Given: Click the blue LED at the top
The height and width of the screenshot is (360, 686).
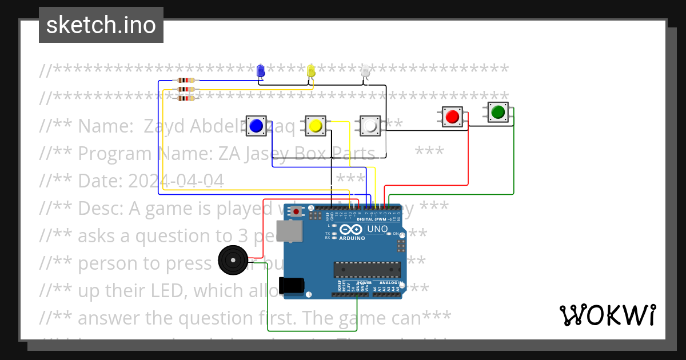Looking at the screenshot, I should [261, 70].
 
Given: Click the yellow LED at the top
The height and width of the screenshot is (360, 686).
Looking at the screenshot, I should [311, 70].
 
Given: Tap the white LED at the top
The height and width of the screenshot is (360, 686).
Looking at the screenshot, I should [366, 71].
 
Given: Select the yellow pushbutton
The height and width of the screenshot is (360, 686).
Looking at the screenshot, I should [315, 126].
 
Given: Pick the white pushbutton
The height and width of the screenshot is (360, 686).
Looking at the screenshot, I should [370, 126].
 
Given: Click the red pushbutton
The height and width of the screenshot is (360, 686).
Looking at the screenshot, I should [452, 117].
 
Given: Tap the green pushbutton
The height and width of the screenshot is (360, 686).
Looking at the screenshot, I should [498, 112].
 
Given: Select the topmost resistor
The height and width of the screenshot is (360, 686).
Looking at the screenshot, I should [186, 81].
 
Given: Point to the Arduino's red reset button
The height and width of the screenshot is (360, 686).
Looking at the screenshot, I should [296, 212].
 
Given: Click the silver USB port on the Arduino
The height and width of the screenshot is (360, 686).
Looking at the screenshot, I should [289, 232].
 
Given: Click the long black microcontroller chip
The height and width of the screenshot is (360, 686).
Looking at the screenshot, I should [367, 269].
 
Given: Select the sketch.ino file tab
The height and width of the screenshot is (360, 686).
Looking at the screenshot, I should [101, 25].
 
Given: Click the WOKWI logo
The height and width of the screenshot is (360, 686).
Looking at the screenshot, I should [608, 315].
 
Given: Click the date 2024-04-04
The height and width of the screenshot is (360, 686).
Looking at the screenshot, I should [176, 181].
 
